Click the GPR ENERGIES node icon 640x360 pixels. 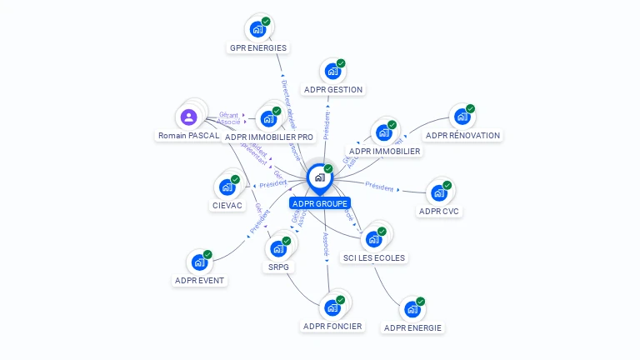(258, 28)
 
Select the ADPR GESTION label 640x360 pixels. (333, 90)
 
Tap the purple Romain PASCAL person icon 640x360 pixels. (188, 117)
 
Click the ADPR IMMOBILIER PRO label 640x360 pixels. (269, 137)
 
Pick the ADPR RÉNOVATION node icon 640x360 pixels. (462, 117)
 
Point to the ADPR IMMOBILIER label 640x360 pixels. (385, 152)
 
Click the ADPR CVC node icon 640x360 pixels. (439, 193)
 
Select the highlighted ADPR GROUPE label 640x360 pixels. (320, 203)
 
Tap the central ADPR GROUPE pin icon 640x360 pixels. (319, 177)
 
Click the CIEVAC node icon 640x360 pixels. (227, 187)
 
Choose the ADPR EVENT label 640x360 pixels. (200, 281)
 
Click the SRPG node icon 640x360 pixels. (278, 249)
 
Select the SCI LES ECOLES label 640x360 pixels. (374, 258)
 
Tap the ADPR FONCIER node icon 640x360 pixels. (333, 308)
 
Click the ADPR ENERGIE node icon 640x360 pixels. (412, 310)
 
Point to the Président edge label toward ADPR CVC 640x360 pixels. (379, 188)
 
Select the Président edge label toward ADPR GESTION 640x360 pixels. (327, 126)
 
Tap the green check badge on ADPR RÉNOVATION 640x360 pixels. (471, 109)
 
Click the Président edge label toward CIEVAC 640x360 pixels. (273, 183)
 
